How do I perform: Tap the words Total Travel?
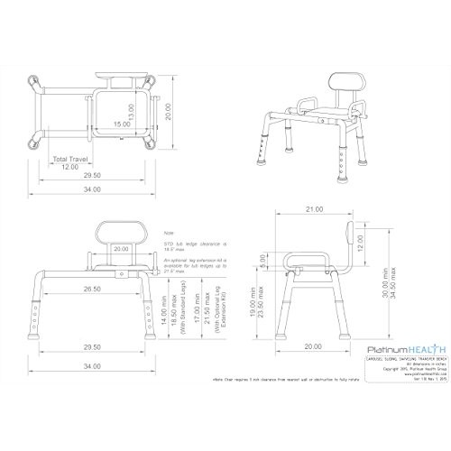pos(73,160)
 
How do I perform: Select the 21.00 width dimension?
pos(315,208)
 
